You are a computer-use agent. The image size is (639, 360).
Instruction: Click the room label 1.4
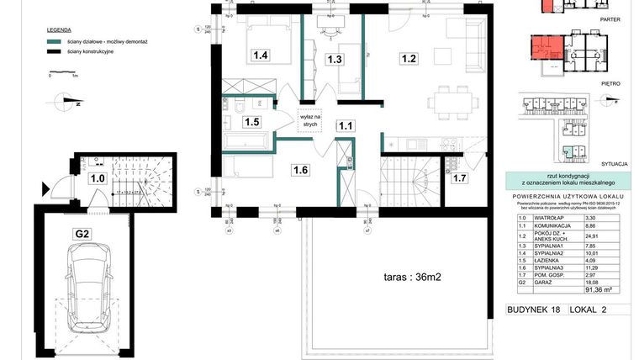261,56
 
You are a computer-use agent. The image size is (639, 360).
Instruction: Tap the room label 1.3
335,59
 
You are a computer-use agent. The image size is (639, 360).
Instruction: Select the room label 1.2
409,59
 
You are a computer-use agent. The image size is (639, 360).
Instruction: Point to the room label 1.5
251,121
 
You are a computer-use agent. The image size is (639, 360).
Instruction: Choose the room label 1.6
301,170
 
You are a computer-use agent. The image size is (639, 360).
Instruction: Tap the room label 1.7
460,177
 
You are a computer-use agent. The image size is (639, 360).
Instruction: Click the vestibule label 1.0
97,178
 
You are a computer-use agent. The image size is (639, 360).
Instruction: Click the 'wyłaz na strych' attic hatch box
309,119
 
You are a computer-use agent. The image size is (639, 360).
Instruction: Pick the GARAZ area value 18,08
594,281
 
